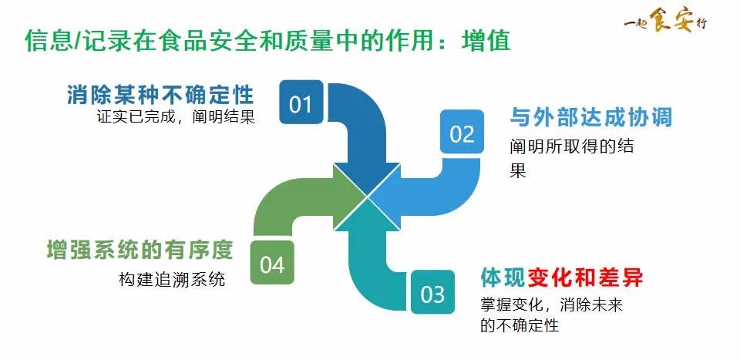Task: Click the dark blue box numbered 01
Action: pyautogui.click(x=300, y=103)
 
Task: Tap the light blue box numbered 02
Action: pyautogui.click(x=462, y=133)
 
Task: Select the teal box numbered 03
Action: pyautogui.click(x=432, y=293)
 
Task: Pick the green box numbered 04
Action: pyautogui.click(x=272, y=264)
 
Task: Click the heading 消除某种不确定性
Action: pyautogui.click(x=160, y=96)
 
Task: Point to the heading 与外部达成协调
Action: pyautogui.click(x=590, y=117)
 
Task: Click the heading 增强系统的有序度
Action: pyautogui.click(x=140, y=251)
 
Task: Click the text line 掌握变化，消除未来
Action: pyautogui.click(x=550, y=304)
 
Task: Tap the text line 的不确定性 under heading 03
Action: pyautogui.click(x=518, y=325)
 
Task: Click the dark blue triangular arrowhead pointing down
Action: pyautogui.click(x=368, y=176)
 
